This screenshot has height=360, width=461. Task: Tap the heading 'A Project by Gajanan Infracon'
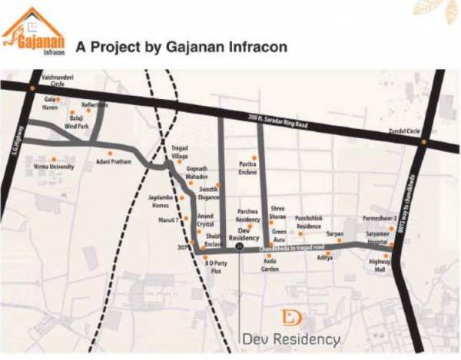[x=182, y=47]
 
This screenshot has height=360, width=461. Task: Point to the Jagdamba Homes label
[x=163, y=201]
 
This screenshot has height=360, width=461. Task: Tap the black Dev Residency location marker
[x=239, y=248]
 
